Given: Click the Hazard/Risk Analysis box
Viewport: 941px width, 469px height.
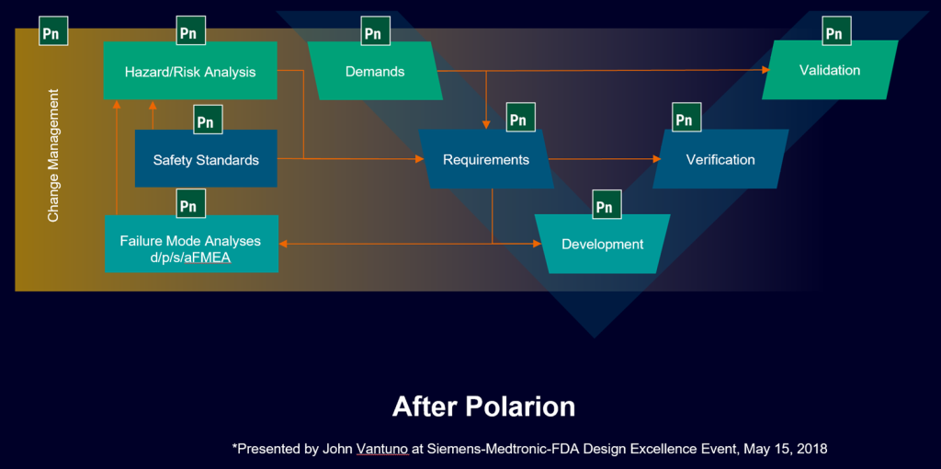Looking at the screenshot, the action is (x=190, y=70).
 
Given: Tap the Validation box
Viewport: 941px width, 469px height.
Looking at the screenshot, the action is (x=830, y=70).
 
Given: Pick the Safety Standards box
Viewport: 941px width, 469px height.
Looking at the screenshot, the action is (x=206, y=158).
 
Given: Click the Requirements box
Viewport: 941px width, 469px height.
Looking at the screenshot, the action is (x=486, y=159).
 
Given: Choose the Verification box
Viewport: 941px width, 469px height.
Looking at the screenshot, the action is (x=720, y=159).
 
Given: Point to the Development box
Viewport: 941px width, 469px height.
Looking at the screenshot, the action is (x=603, y=244).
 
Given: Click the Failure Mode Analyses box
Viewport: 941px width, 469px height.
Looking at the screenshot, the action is (x=191, y=243).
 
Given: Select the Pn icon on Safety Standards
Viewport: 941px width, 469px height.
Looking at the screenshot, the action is (x=208, y=120).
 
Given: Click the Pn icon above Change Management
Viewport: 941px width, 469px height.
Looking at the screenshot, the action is (x=53, y=31).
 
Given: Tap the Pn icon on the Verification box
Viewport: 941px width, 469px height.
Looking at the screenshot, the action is (x=686, y=118).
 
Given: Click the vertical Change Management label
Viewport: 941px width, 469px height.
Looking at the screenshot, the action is (x=53, y=155).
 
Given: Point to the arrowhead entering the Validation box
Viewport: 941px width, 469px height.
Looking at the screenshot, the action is (x=765, y=70).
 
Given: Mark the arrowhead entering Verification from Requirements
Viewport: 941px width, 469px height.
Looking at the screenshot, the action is (x=656, y=159).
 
